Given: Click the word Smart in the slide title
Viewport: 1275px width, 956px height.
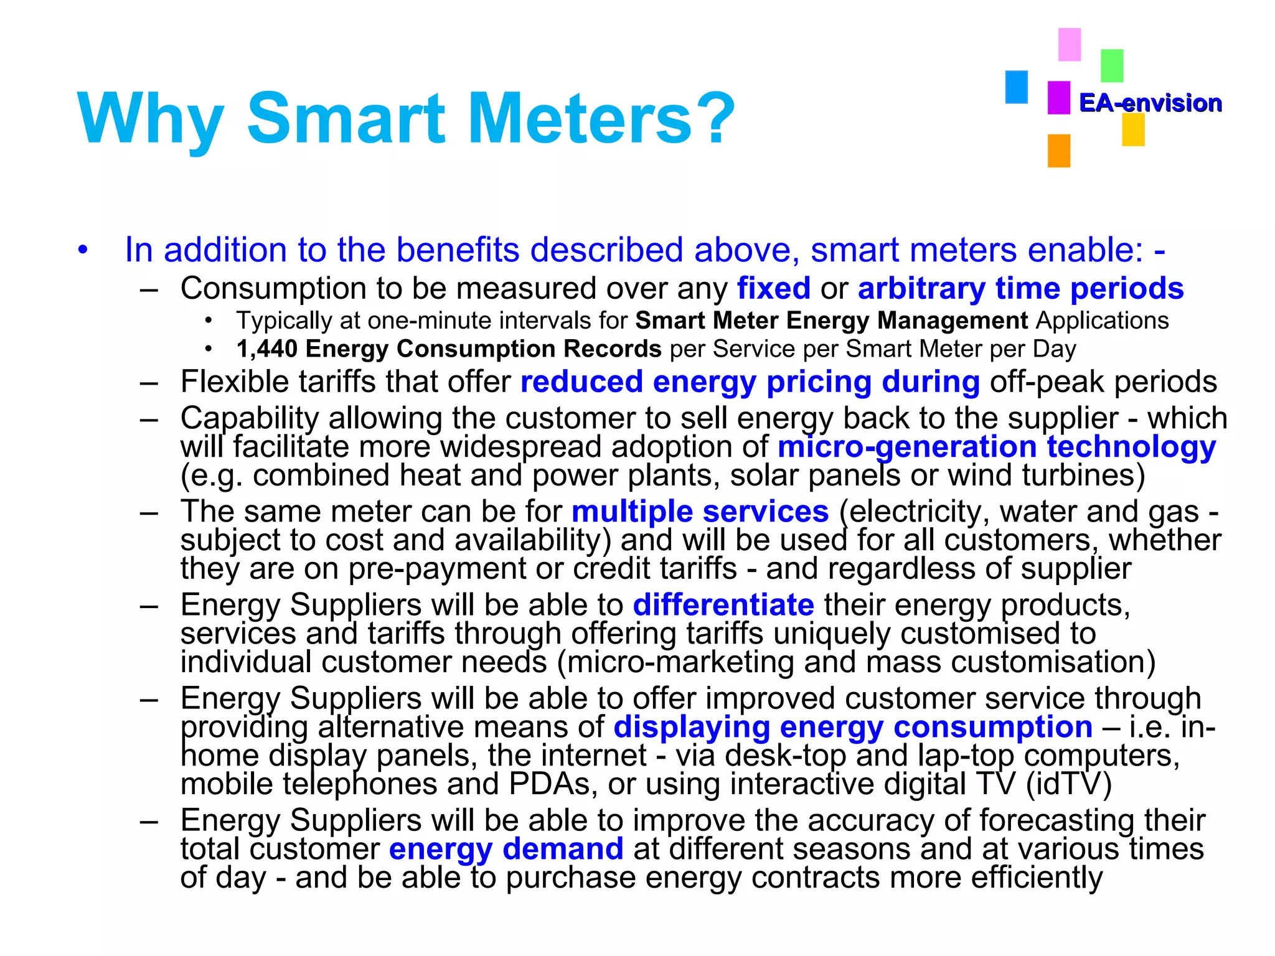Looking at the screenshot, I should (346, 118).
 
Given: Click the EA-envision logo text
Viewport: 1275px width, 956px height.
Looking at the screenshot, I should (1150, 103).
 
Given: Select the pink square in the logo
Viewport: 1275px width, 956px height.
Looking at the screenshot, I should (1070, 44).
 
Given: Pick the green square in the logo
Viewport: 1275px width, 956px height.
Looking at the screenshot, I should (1112, 65).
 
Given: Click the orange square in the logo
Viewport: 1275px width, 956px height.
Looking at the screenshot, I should (1058, 151).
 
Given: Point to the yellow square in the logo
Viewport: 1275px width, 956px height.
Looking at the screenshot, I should (1133, 130).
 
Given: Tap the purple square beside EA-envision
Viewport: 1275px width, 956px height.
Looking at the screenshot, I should (1058, 98).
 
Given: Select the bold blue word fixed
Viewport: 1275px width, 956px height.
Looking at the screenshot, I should (773, 289).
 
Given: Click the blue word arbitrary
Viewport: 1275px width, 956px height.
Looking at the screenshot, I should (921, 289).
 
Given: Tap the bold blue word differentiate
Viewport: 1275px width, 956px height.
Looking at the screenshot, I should (723, 605).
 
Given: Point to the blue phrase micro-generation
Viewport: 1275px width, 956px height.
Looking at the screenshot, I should (907, 447).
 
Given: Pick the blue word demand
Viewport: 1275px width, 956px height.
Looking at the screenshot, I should (563, 849).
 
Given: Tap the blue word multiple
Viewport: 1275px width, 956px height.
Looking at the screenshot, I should (632, 512).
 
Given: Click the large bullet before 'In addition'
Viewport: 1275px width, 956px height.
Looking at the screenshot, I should (83, 250).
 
